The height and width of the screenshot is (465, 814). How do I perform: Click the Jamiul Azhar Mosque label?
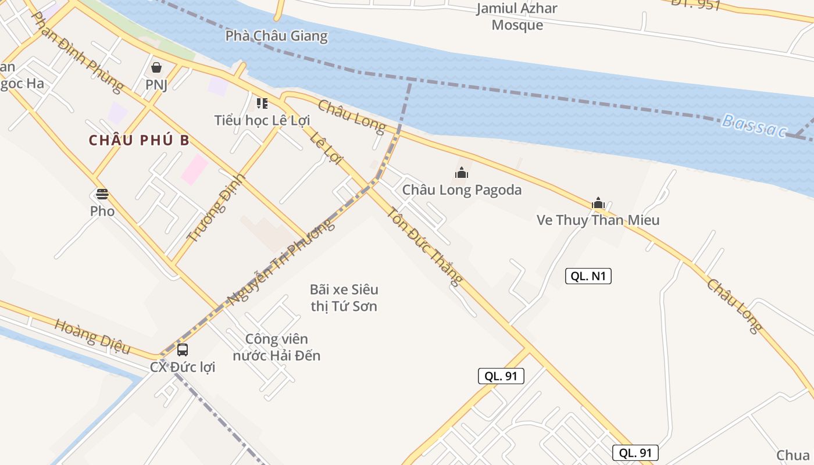[x=517, y=17]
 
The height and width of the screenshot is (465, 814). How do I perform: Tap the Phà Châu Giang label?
[x=276, y=36]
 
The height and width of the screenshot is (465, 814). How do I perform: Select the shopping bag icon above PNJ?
[x=156, y=67]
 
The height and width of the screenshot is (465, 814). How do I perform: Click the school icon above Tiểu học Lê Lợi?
[x=262, y=103]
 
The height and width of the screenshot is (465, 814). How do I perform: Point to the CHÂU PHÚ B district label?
[x=140, y=141]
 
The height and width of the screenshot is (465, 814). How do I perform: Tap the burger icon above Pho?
[x=102, y=194]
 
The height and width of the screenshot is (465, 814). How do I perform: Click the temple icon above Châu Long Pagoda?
[x=462, y=173]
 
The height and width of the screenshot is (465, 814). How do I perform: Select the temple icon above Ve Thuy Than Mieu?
[x=598, y=203]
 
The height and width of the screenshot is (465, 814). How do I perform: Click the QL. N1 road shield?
[x=588, y=276]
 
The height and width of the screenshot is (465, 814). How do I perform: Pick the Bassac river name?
[x=754, y=126]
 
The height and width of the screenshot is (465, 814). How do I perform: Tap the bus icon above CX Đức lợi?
[x=183, y=349]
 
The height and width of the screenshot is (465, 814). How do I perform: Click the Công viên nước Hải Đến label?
[x=276, y=347]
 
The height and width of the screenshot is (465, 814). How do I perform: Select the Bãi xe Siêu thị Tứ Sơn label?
[x=344, y=298]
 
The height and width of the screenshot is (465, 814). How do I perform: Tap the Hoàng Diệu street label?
[x=92, y=336]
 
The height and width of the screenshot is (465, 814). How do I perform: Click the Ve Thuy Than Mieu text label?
[x=598, y=220]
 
